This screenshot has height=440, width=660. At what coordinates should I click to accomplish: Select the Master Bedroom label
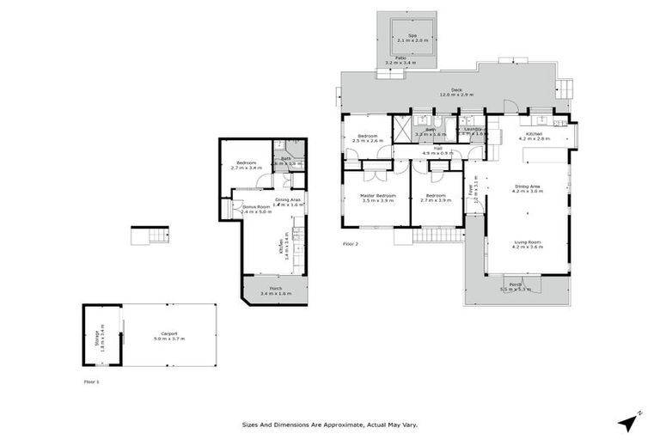point(377,198)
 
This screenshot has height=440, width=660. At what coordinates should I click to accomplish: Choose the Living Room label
point(528,244)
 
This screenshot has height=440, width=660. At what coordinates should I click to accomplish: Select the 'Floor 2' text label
point(350,244)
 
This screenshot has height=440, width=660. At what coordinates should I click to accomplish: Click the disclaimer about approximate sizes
point(330,424)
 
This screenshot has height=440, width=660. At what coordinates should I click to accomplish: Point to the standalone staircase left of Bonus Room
point(149,236)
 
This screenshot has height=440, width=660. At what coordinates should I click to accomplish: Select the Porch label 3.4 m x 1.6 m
point(275,290)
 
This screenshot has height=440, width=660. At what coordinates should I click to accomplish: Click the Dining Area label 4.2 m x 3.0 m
point(528,189)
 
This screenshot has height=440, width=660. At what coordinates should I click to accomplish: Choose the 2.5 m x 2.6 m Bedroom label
point(367,138)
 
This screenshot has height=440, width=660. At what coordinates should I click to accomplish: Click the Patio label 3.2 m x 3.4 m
point(400,60)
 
